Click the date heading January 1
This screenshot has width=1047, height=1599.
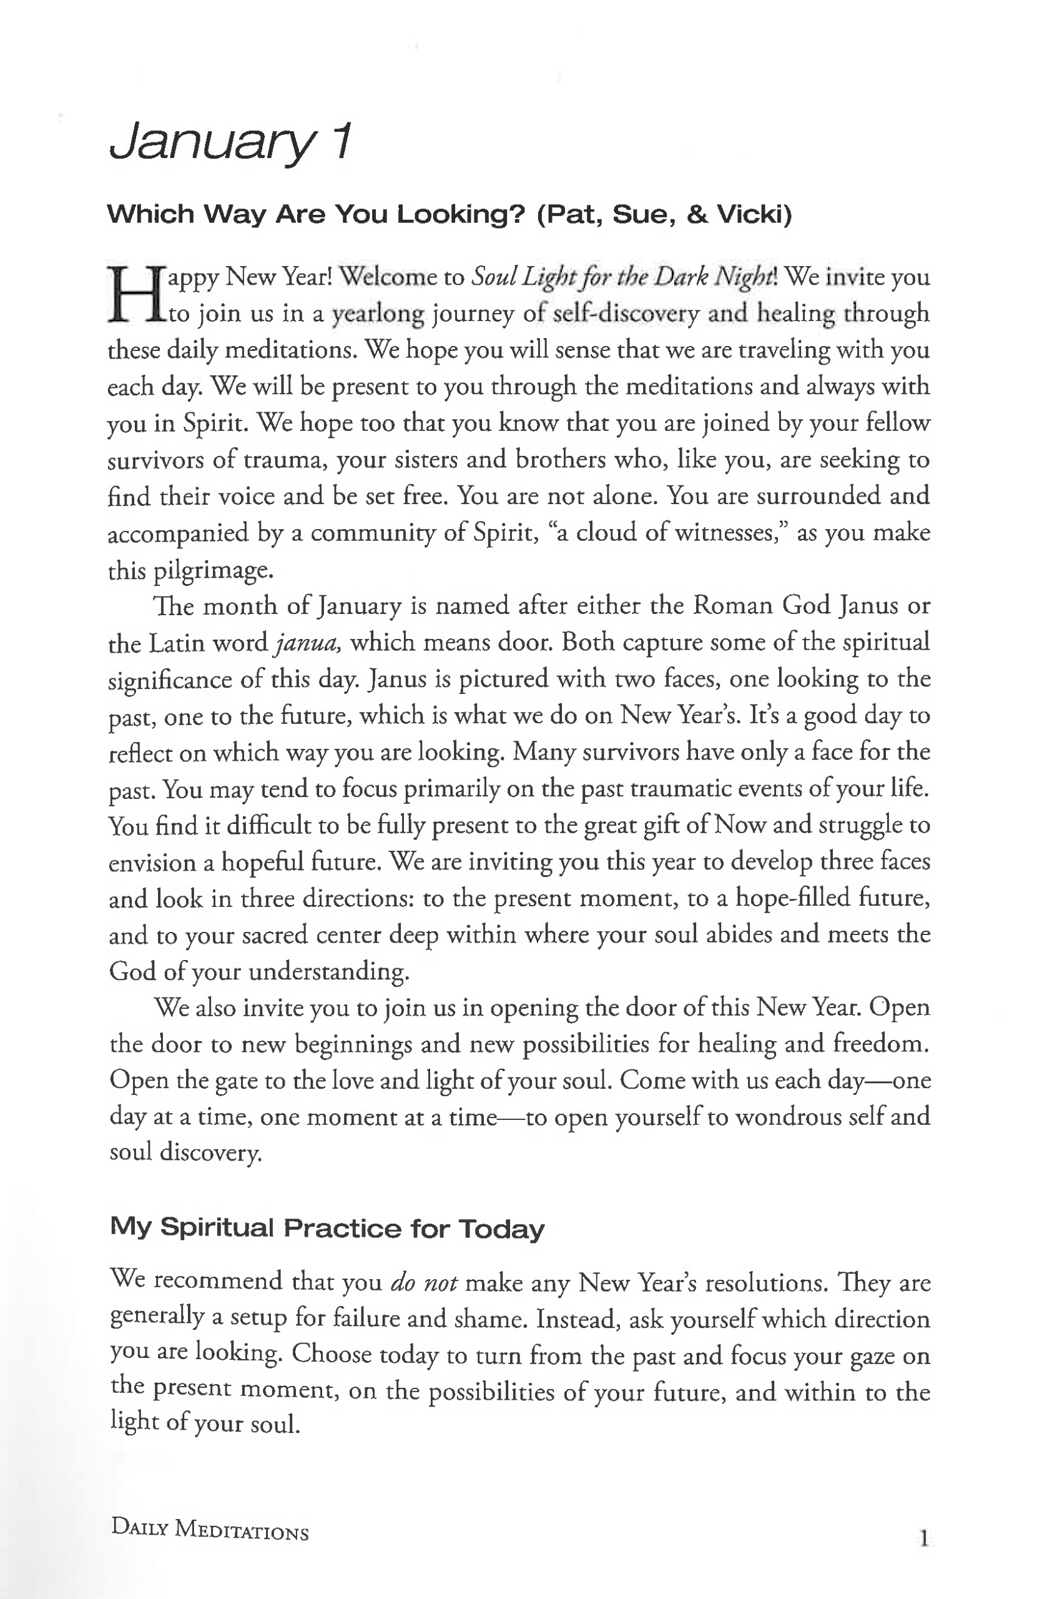pos(230,142)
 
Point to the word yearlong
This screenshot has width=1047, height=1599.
pos(378,314)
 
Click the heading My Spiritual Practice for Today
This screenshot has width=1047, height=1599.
pos(327,1228)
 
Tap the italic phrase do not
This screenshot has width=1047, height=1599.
pos(424,1282)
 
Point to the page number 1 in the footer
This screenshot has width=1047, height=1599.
pos(924,1538)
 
